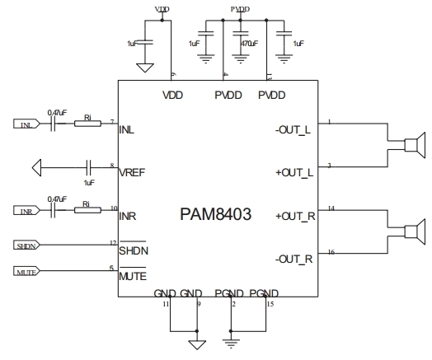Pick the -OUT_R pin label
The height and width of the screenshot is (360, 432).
pyautogui.click(x=294, y=259)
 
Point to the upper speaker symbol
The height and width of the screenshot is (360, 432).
pyautogui.click(x=414, y=146)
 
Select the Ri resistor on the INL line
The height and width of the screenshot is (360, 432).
pyautogui.click(x=87, y=124)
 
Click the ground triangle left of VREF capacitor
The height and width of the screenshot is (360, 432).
pyautogui.click(x=35, y=168)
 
